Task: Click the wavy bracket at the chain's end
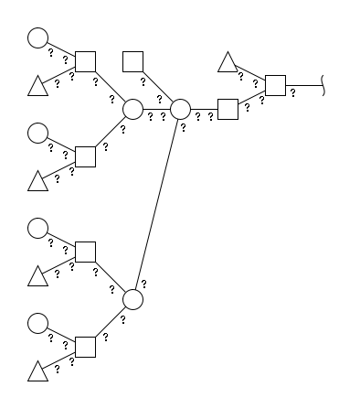[323, 85]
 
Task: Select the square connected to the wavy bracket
[275, 85]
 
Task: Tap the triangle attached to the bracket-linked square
[228, 62]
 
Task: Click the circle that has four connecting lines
[180, 109]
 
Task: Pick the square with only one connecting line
[132, 61]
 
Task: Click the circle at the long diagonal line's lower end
[132, 299]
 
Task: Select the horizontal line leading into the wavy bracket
[303, 85]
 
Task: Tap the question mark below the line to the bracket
[292, 92]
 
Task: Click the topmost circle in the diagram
[37, 38]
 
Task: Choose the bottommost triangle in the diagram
[37, 371]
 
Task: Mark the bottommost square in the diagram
[85, 347]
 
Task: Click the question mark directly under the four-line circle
[183, 128]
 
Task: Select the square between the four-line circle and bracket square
[228, 109]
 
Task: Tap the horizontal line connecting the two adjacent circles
[156, 109]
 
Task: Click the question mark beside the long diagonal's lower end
[144, 285]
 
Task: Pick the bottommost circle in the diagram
[37, 323]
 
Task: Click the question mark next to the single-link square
[143, 81]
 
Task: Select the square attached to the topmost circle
[85, 61]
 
